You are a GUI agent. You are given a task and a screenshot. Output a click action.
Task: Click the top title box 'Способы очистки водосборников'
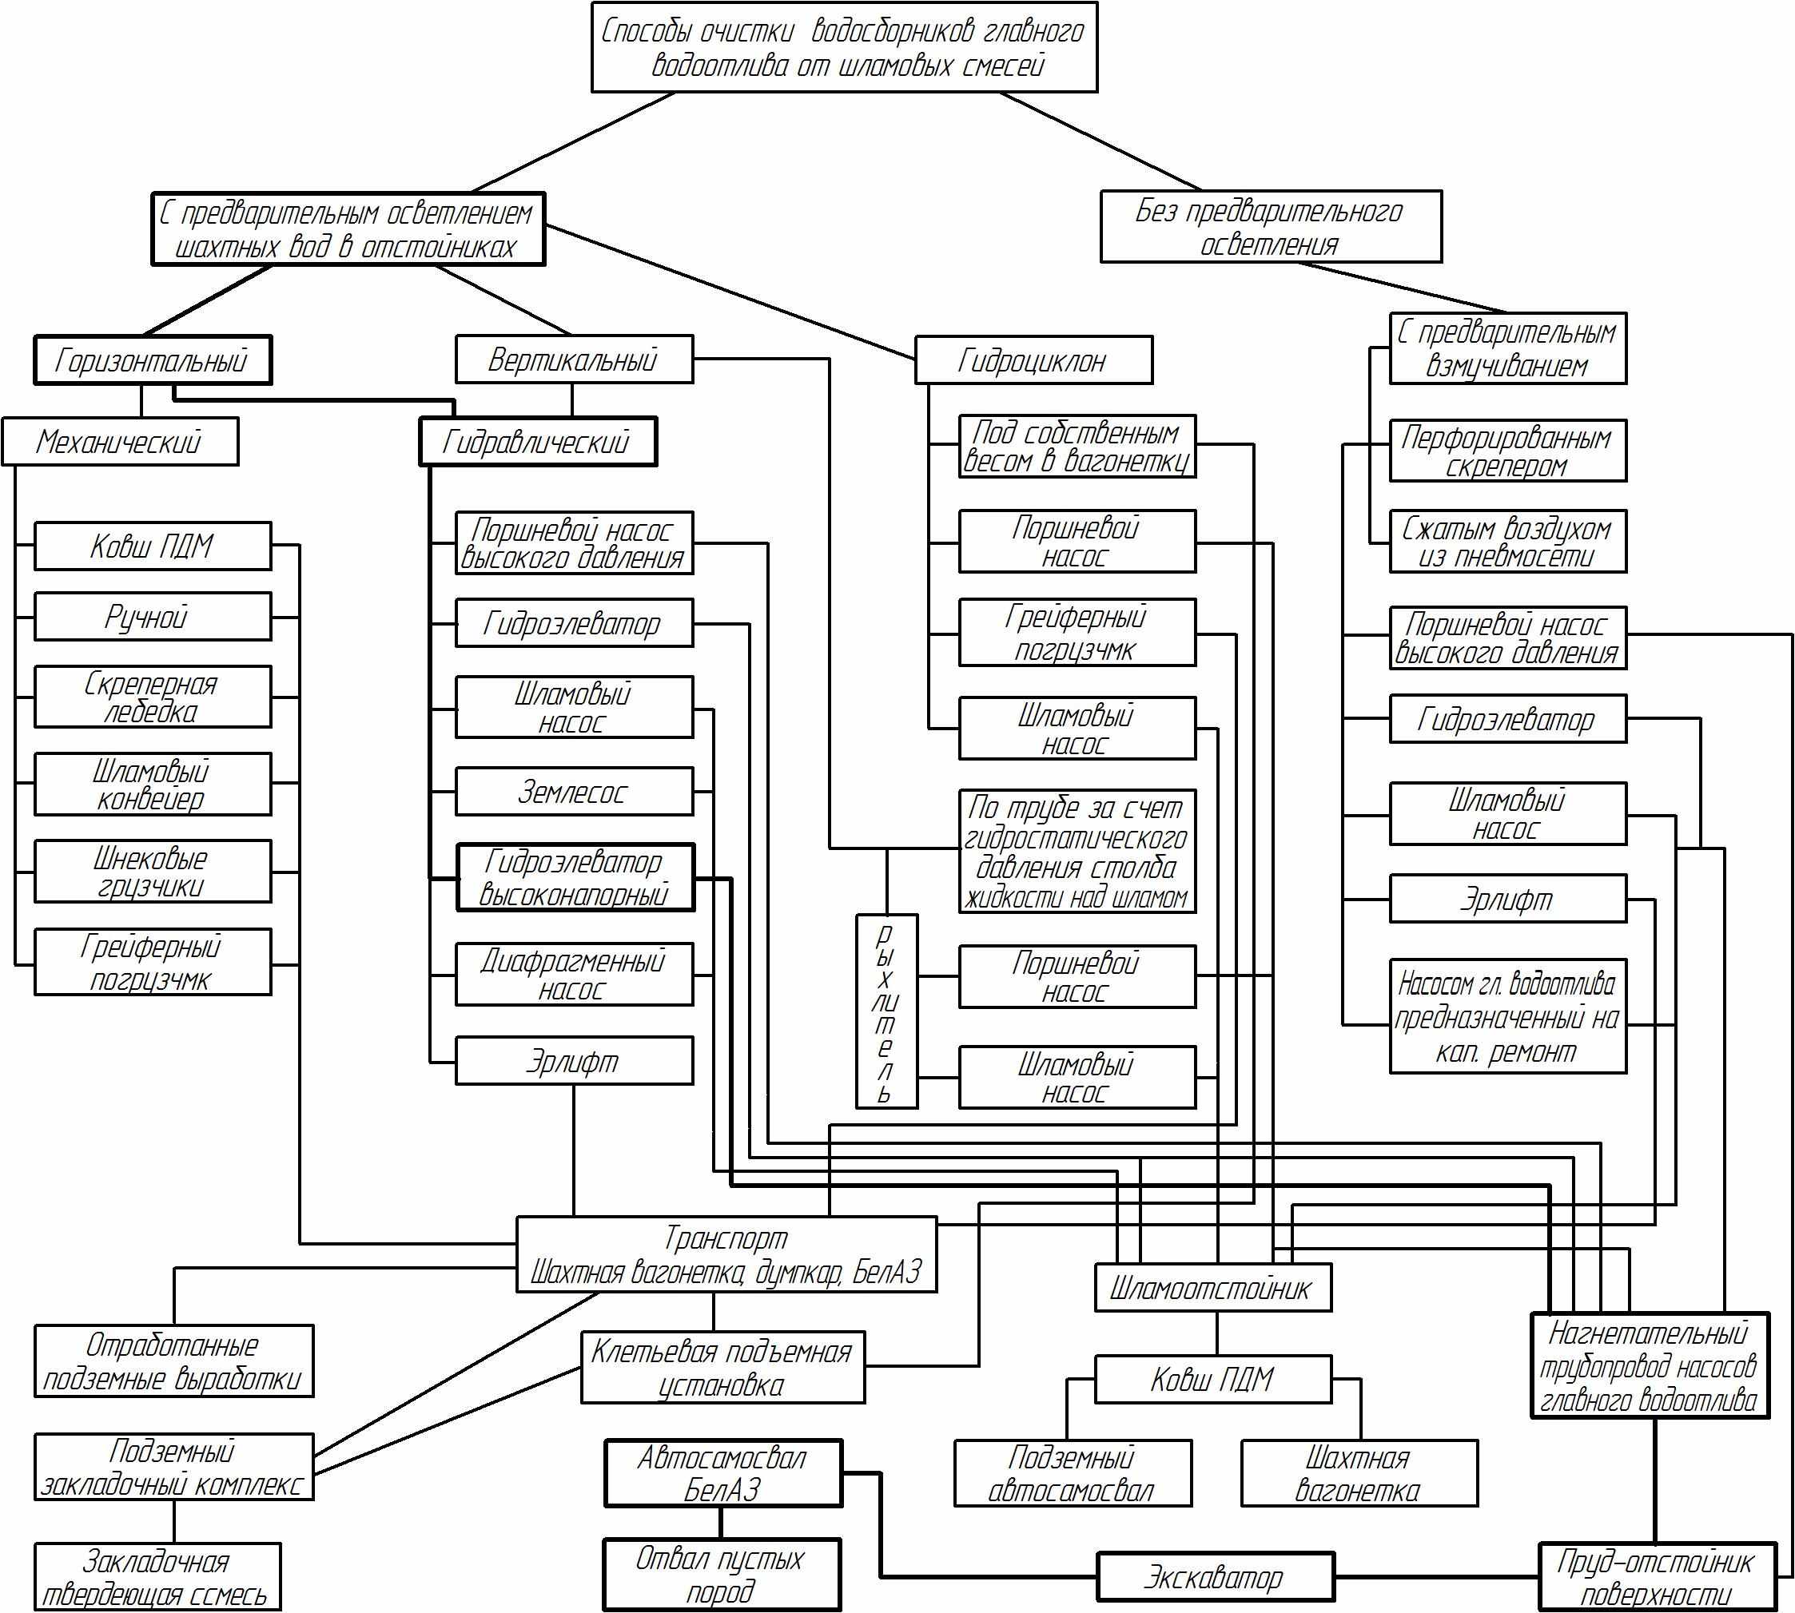844,47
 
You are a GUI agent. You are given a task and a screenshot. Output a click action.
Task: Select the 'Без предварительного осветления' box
1270,227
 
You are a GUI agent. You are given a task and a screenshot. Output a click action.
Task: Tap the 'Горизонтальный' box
153,360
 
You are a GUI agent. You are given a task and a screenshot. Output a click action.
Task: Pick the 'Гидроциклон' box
1033,360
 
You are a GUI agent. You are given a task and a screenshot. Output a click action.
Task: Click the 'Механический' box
120,441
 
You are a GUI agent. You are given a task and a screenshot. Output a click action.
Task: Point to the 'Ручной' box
153,617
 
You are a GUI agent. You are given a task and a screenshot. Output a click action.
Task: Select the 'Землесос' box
574,792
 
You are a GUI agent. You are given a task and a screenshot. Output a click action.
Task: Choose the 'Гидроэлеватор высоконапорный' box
575,877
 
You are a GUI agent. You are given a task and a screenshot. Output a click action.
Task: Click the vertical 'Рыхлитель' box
886,1011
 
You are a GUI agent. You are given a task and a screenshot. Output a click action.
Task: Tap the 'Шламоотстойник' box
1212,1288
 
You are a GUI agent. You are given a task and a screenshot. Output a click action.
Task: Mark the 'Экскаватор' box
1215,1577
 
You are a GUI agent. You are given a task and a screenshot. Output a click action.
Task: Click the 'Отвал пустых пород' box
721,1575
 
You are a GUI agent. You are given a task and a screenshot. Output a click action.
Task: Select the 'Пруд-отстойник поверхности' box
1656,1577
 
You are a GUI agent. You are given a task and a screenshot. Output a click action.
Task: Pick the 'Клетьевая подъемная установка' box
722,1368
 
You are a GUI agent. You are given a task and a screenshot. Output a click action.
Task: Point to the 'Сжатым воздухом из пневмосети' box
1507,541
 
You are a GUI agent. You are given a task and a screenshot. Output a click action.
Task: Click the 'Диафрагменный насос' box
574,974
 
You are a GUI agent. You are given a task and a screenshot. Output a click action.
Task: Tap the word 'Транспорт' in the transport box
725,1238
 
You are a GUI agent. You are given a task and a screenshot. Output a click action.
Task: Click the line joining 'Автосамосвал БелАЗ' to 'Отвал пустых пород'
721,1523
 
